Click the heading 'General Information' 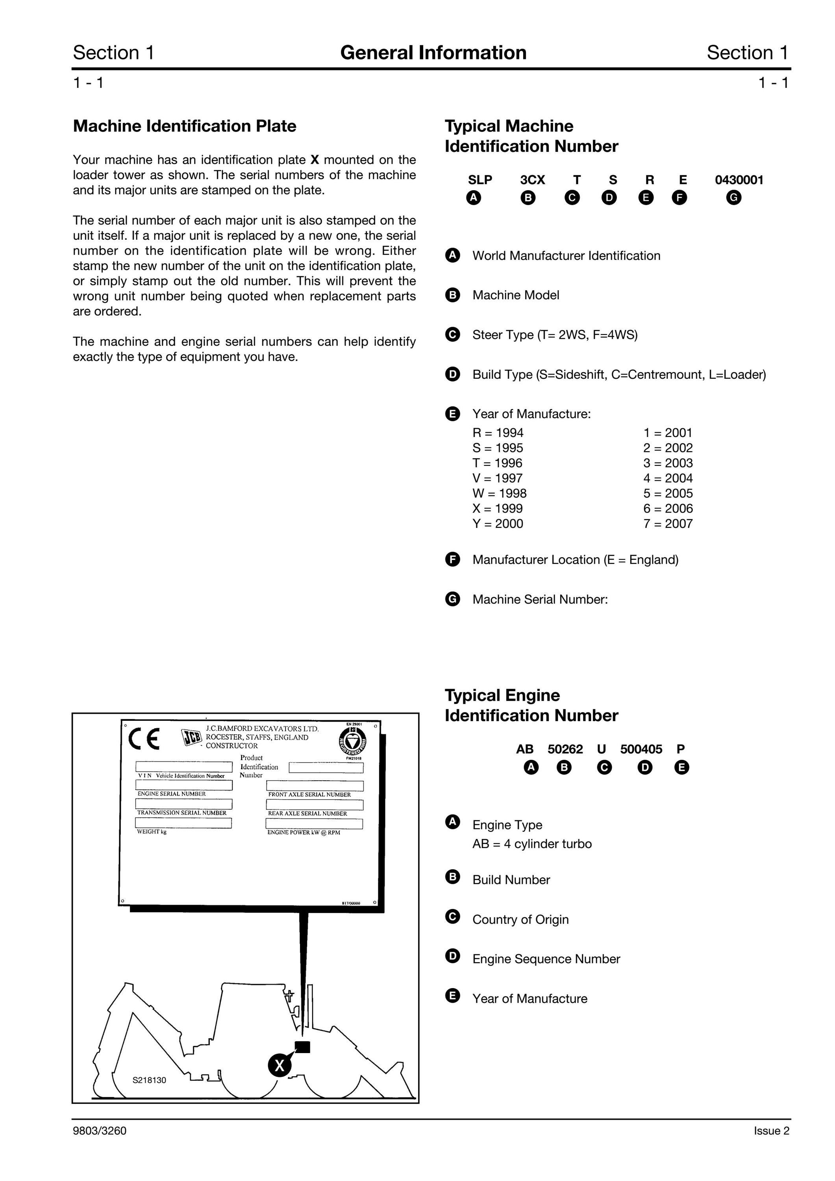click(x=433, y=52)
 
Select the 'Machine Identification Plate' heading click(x=185, y=126)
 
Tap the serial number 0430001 click(x=739, y=180)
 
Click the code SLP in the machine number click(x=480, y=180)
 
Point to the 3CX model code click(x=533, y=180)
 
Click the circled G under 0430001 click(x=734, y=198)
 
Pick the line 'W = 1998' click(x=500, y=493)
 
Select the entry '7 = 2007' click(x=668, y=524)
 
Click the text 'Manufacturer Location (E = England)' click(x=575, y=560)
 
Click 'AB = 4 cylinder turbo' click(x=532, y=844)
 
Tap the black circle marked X click(x=280, y=1065)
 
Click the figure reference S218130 click(x=149, y=1080)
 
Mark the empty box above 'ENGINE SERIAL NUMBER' click(x=184, y=785)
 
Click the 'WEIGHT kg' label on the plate click(x=152, y=832)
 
